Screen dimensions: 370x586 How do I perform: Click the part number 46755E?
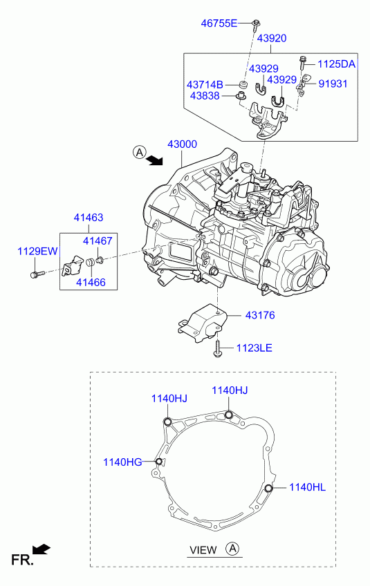click(219, 23)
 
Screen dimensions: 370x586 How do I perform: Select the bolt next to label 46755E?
click(257, 24)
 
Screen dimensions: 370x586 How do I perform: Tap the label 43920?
click(272, 38)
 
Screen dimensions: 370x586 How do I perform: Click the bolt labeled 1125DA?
click(302, 63)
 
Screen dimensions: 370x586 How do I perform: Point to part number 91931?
click(333, 84)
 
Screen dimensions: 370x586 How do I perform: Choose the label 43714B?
click(205, 85)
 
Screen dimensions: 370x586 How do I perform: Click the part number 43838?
click(205, 95)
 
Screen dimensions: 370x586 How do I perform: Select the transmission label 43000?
click(182, 144)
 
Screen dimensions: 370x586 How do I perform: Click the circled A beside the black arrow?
click(140, 153)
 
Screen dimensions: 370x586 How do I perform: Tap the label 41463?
click(89, 218)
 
